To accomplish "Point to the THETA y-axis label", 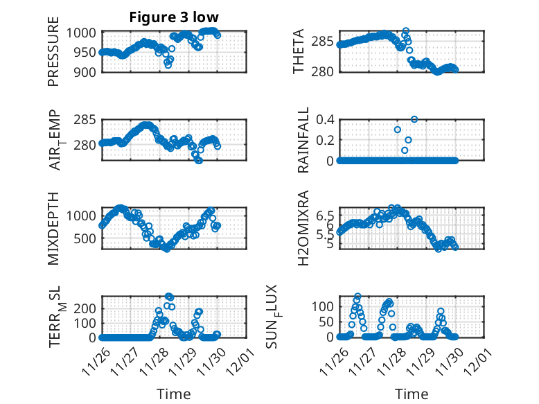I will click(299, 51).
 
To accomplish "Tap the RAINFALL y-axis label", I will click(303, 139).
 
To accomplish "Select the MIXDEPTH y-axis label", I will click(54, 228).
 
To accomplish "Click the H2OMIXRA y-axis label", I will click(303, 228).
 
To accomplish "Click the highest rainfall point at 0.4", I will click(414, 119).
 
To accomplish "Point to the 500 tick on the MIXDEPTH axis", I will click(89, 238).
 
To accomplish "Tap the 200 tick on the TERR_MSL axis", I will click(89, 307).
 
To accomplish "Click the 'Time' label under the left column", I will click(173, 394).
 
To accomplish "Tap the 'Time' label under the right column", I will click(412, 394).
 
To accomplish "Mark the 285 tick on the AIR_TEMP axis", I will click(89, 120).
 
